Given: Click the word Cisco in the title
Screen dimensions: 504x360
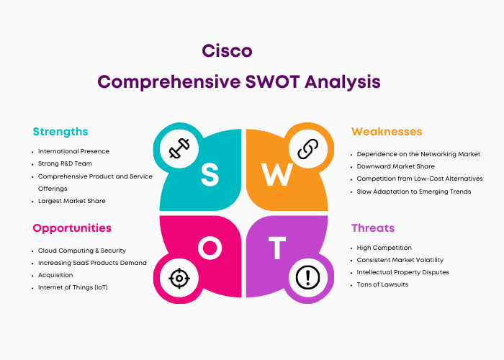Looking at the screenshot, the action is (x=227, y=51).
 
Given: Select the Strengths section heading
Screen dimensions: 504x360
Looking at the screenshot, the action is (x=60, y=132).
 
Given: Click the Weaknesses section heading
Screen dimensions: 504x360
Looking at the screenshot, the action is (x=387, y=132).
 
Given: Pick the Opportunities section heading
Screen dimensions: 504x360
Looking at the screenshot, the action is (x=72, y=228).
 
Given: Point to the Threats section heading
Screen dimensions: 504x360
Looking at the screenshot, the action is (x=373, y=228).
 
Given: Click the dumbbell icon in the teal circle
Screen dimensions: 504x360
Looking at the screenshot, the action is (x=179, y=148).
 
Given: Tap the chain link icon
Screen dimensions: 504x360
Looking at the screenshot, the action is (x=308, y=148).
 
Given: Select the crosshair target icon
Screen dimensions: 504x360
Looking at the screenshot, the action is (x=179, y=278).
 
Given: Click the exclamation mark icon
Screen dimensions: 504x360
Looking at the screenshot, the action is (x=307, y=277).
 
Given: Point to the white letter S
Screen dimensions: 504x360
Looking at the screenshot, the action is (x=210, y=174).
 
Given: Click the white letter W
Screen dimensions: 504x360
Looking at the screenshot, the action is (x=276, y=174).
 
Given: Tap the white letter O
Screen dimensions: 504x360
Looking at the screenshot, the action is (x=210, y=248).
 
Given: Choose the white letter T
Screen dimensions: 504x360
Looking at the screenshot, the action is (x=277, y=248).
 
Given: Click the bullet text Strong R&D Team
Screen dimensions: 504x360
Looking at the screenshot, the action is (x=65, y=163).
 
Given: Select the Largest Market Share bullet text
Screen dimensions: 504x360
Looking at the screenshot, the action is (x=72, y=201).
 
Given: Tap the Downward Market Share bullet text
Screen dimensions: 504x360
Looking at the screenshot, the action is (x=396, y=166).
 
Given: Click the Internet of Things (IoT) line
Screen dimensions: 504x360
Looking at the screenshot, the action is (x=73, y=287).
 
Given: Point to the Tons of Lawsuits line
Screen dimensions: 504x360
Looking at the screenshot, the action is (x=382, y=284).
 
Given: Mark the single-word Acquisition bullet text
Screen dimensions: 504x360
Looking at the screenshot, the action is (x=55, y=275).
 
